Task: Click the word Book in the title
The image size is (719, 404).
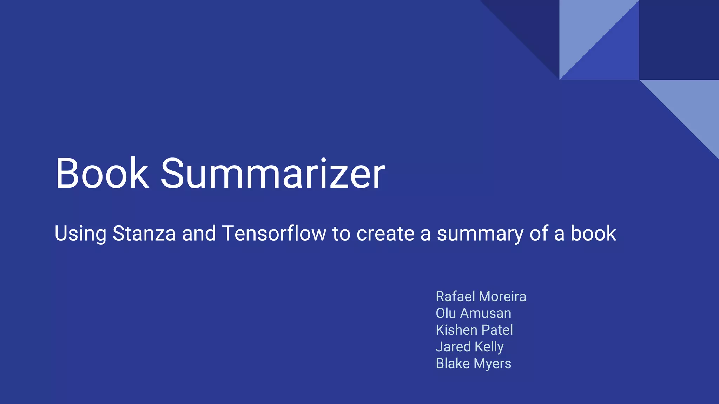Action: coord(102,174)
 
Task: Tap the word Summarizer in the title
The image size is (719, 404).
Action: coord(273,174)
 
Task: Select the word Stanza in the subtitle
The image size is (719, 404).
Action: coord(144,234)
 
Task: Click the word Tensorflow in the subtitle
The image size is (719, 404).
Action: coord(274,234)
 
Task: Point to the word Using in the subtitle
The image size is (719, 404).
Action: coord(80,234)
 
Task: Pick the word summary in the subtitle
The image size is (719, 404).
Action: coord(480,234)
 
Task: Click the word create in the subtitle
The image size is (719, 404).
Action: coord(385,234)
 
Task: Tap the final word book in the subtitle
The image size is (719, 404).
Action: coord(593,234)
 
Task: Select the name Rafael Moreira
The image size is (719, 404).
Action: coord(481,297)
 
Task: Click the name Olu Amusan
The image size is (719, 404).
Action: coord(473,313)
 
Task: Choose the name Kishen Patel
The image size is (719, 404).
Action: coord(474,330)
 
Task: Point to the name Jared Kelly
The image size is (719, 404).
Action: coord(469,347)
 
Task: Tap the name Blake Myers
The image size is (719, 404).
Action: coord(473,364)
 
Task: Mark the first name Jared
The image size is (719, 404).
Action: coord(453,347)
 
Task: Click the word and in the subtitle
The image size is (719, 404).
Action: coord(199,234)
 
